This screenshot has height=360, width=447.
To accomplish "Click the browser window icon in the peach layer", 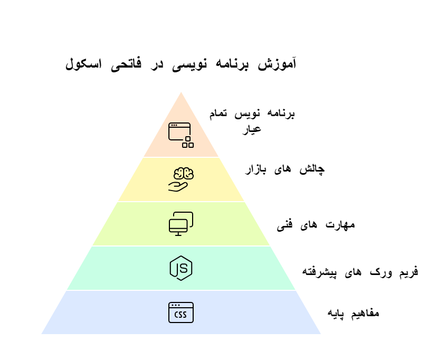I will tap(179, 131).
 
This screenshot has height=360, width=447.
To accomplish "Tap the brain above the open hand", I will tap(184, 174).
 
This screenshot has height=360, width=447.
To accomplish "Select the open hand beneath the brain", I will tap(178, 186).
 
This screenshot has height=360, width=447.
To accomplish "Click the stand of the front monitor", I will tap(178, 234).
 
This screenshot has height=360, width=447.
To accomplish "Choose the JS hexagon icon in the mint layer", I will tap(181, 268).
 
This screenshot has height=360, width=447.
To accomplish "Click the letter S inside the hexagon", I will tap(184, 268).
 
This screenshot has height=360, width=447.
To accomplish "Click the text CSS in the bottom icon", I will tap(180, 315).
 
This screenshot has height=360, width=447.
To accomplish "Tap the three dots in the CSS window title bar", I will tap(175, 305).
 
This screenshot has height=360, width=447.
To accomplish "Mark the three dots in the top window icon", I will tap(174, 125).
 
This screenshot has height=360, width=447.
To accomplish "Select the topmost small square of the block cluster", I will tap(188, 139).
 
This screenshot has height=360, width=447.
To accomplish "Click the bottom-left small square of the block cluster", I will tap(185, 145).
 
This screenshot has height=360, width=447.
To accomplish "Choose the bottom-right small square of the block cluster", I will tap(191, 145).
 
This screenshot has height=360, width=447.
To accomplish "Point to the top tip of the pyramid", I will tap(181, 91).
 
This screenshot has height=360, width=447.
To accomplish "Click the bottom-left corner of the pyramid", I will tap(41, 334).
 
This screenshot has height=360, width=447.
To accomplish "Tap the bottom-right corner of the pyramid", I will tap(321, 334).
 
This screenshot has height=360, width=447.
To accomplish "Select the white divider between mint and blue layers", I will tap(181, 290).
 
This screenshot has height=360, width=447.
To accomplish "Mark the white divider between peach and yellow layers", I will tap(181, 157).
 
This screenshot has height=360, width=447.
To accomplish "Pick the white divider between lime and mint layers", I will tap(181, 245).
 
